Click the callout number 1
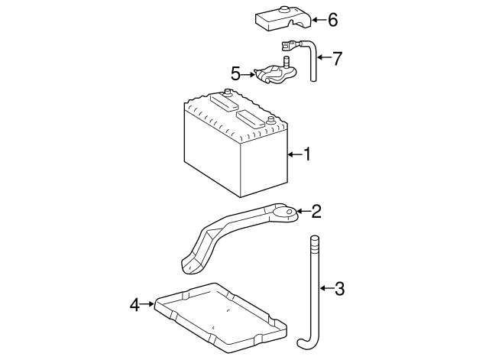click(x=307, y=155)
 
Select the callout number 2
click(x=316, y=211)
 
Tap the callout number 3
click(x=339, y=289)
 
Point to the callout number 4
click(x=135, y=305)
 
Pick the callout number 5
click(x=236, y=74)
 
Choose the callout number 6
click(x=332, y=20)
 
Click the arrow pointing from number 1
click(x=294, y=155)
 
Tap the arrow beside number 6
click(x=318, y=20)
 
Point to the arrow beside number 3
click(x=325, y=289)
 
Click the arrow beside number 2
click(x=303, y=211)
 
